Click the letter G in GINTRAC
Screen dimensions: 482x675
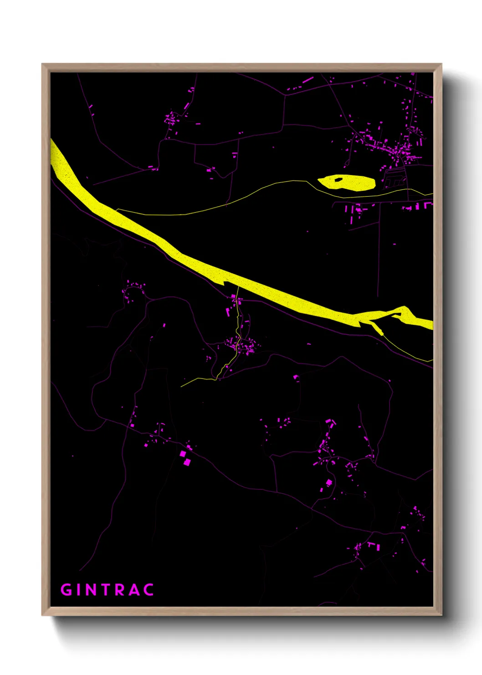(67, 590)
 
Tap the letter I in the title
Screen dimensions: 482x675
(80, 590)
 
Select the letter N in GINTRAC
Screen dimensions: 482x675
(92, 590)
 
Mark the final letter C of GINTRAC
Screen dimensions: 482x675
(149, 590)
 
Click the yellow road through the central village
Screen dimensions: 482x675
(237, 328)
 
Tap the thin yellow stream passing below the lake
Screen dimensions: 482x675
(205, 211)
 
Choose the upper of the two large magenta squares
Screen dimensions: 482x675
(183, 454)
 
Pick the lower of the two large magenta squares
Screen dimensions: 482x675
(187, 462)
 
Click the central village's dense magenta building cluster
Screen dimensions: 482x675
(241, 346)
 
